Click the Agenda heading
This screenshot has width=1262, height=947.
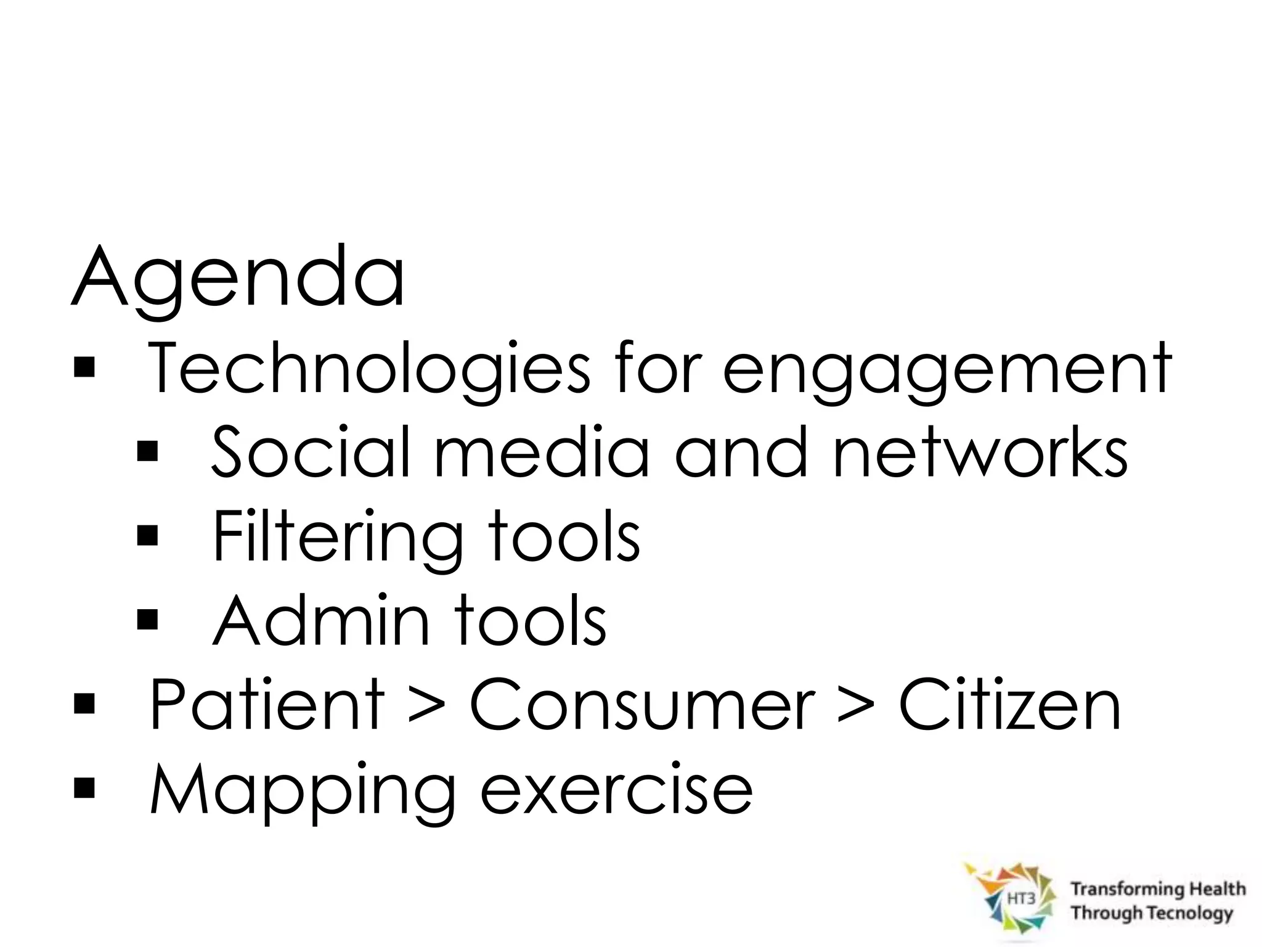tap(238, 279)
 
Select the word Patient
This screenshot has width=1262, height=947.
tap(267, 704)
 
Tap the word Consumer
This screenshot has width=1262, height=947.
tap(641, 704)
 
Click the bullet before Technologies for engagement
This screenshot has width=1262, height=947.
tap(84, 368)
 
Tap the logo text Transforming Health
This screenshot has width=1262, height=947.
tap(1158, 888)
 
